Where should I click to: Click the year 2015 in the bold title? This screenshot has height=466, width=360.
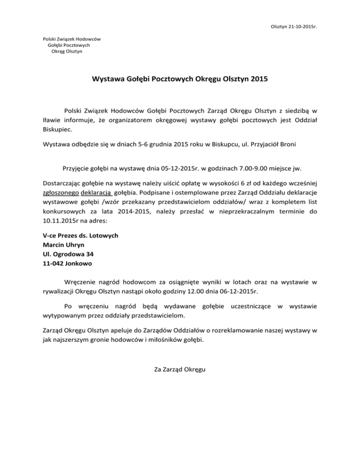point(259,80)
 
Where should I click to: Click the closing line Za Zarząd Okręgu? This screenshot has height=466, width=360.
point(180,370)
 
